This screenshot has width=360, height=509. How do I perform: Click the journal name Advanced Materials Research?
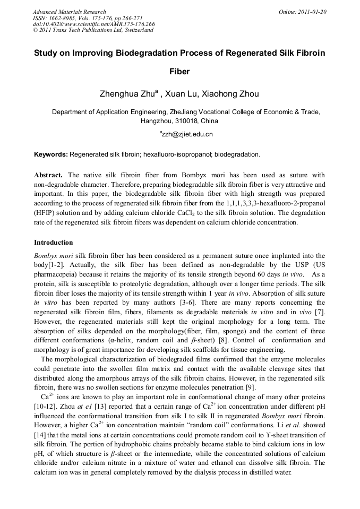click(x=69, y=12)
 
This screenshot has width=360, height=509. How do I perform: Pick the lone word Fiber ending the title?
click(x=179, y=72)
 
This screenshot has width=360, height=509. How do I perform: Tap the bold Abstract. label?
click(x=48, y=175)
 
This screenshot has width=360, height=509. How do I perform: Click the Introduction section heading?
click(x=54, y=243)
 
